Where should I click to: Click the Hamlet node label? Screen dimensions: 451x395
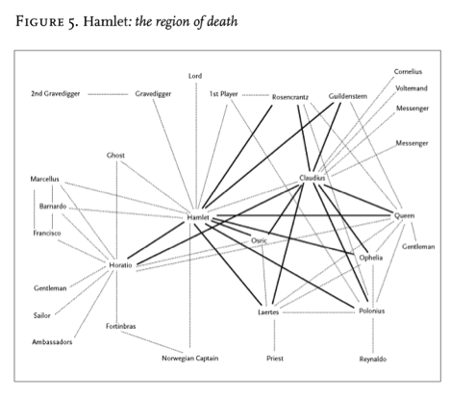(198, 217)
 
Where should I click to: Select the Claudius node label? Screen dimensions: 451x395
(313, 178)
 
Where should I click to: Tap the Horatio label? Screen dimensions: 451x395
(120, 265)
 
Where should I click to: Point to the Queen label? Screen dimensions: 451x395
(404, 215)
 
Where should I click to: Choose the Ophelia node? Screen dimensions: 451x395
(371, 258)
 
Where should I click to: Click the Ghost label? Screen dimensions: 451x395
(115, 156)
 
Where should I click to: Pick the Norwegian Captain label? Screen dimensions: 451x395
(190, 358)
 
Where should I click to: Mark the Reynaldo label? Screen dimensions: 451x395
(373, 359)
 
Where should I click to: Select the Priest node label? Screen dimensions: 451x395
(275, 358)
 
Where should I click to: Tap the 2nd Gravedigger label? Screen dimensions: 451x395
(56, 94)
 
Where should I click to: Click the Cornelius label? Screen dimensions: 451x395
(408, 72)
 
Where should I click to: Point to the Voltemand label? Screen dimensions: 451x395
(412, 88)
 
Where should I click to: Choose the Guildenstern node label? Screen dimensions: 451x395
(348, 96)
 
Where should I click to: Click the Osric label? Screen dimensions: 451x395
(259, 240)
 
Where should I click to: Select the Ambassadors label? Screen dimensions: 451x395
(52, 342)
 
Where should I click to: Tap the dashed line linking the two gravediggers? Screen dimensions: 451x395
(108, 94)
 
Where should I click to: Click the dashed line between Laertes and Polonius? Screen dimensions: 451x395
(318, 312)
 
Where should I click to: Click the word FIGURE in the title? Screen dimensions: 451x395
(39, 21)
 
